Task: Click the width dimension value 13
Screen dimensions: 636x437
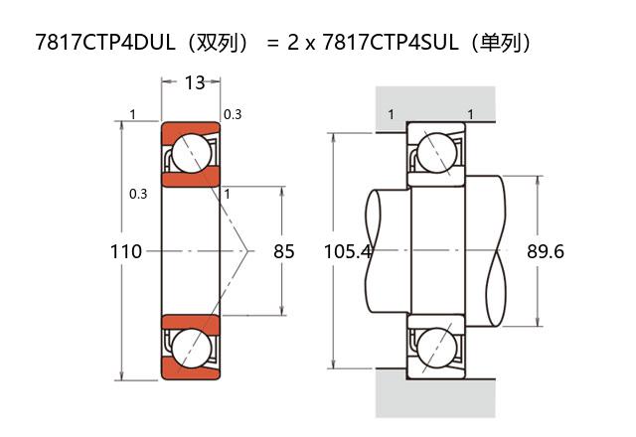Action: pos(195,82)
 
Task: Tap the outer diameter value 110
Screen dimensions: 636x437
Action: pos(126,251)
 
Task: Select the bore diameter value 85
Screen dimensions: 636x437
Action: pos(283,251)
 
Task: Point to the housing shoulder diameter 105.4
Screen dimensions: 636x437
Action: pos(348,251)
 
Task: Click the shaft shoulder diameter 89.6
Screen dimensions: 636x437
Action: pos(546,251)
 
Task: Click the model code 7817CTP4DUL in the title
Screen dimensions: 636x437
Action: pos(105,42)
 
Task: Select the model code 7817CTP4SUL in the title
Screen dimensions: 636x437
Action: pos(391,42)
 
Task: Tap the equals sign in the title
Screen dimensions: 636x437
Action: pos(273,43)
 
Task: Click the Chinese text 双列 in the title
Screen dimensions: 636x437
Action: pos(216,42)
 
